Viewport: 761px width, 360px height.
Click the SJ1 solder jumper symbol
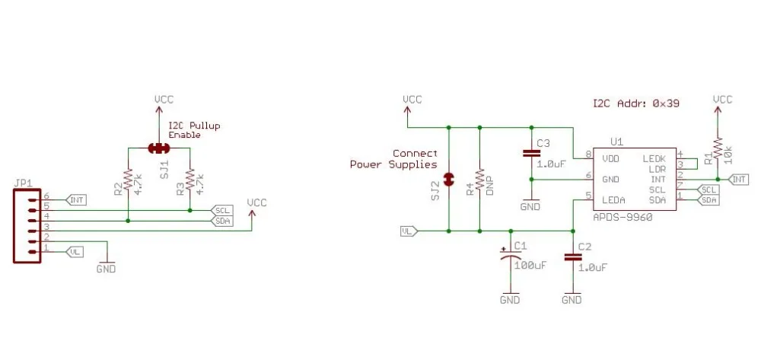[x=159, y=148]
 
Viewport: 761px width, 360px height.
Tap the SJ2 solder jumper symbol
[x=449, y=179]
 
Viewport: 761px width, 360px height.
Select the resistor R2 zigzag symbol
[x=128, y=179]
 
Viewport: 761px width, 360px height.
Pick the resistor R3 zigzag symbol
[x=189, y=179]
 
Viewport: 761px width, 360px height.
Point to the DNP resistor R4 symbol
[x=479, y=179]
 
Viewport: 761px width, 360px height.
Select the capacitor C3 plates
[x=531, y=153]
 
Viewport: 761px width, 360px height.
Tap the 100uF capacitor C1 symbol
[x=511, y=256]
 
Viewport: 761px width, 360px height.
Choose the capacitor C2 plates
[x=573, y=256]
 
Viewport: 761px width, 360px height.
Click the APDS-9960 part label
[x=622, y=218]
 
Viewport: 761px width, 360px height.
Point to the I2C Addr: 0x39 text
[x=635, y=104]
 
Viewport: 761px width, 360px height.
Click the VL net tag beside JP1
[x=74, y=252]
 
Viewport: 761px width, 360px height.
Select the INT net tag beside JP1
[x=75, y=200]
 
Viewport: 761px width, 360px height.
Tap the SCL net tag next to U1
[x=708, y=190]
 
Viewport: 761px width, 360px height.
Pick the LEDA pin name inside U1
[x=613, y=200]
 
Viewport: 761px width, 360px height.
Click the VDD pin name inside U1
[x=610, y=158]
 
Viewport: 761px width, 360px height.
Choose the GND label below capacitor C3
[x=530, y=207]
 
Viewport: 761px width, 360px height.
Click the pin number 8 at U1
[x=589, y=155]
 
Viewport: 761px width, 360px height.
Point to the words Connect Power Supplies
[x=393, y=158]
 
